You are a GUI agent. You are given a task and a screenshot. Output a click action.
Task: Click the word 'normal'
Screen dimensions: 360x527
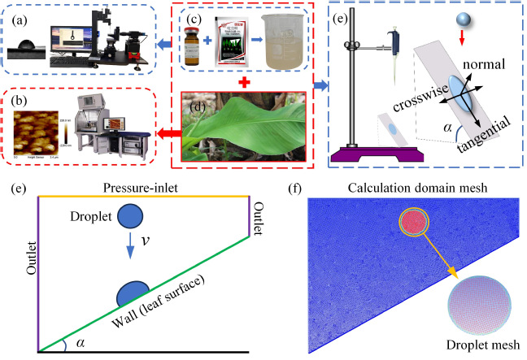[485, 64]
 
